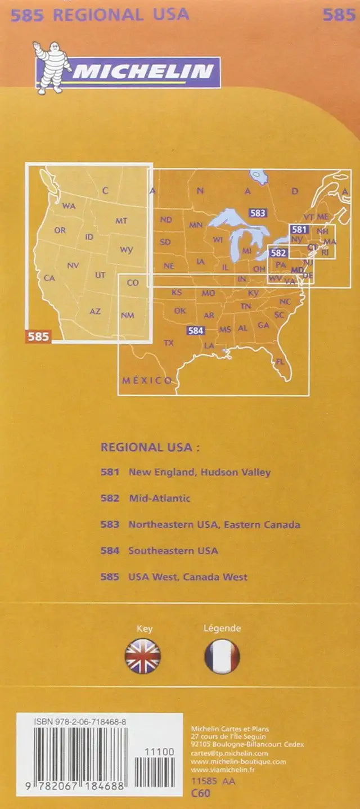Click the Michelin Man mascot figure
click(x=51, y=68)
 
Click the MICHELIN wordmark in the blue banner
click(x=143, y=72)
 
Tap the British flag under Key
click(x=143, y=656)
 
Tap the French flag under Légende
click(x=222, y=656)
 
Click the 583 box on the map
click(x=258, y=213)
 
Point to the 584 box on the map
click(x=195, y=331)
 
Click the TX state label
click(x=168, y=343)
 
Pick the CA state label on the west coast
click(x=49, y=278)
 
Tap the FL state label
click(x=280, y=362)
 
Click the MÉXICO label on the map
click(x=147, y=381)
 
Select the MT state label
click(x=121, y=221)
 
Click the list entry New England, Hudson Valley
click(x=199, y=473)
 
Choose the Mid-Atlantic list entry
click(x=159, y=498)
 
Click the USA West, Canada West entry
click(x=187, y=577)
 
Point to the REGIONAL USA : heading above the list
click(x=150, y=447)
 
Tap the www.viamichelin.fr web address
click(x=223, y=769)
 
